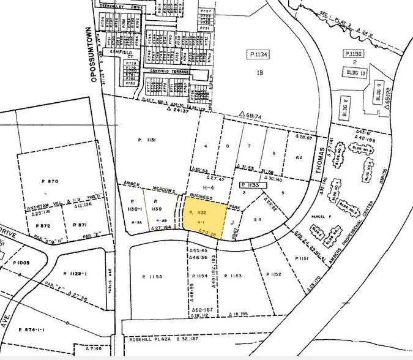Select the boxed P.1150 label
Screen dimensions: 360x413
[x=355, y=54]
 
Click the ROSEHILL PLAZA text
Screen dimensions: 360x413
[x=150, y=339]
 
